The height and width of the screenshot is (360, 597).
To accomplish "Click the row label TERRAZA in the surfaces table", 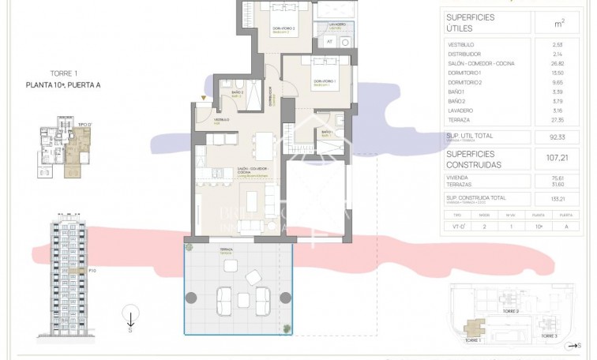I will tap(459, 121).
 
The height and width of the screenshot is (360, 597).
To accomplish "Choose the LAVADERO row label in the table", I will tap(460, 111).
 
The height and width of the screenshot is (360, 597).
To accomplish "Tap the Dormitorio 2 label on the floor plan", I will tap(283, 28).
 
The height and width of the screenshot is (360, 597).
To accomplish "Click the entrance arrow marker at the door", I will tap(205, 98).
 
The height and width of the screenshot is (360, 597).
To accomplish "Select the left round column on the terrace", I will tap(191, 298).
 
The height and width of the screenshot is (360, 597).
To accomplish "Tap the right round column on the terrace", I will tap(285, 298).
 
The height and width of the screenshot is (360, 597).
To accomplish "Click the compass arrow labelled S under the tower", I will tap(130, 321).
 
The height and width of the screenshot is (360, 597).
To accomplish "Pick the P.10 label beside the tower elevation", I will tap(92, 271).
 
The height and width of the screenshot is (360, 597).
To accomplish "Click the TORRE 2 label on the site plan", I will tap(512, 310).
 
